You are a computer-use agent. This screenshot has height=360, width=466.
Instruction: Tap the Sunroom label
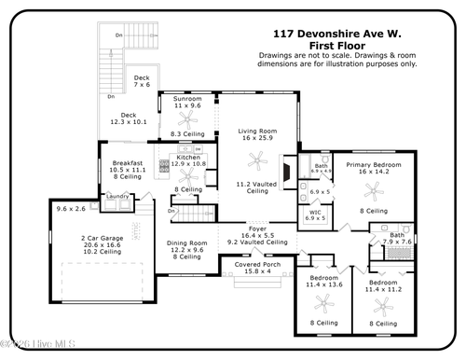[187, 99]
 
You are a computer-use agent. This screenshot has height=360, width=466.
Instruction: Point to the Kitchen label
[186, 159]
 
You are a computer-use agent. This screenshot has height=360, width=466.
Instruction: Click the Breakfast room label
[128, 163]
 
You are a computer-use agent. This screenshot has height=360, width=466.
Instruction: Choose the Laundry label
[116, 196]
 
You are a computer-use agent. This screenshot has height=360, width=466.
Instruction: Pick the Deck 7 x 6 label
[141, 78]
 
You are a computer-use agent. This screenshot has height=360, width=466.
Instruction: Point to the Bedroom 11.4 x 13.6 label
[324, 279]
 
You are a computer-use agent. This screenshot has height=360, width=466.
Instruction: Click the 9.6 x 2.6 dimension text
[70, 208]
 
